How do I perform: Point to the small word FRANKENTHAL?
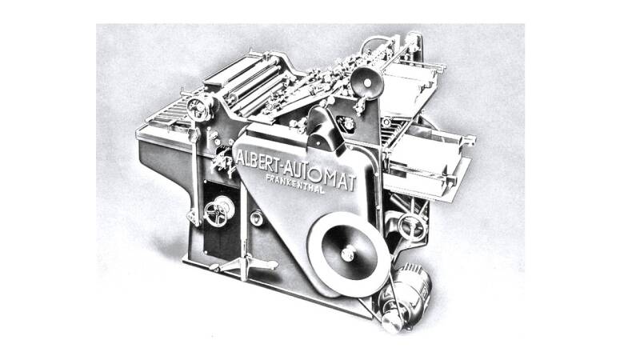click(295, 184)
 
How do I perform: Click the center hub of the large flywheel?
click(347, 254)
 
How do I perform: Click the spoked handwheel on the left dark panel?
click(218, 212)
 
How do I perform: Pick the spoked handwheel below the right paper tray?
click(411, 227)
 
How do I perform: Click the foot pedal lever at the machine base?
click(244, 265)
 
